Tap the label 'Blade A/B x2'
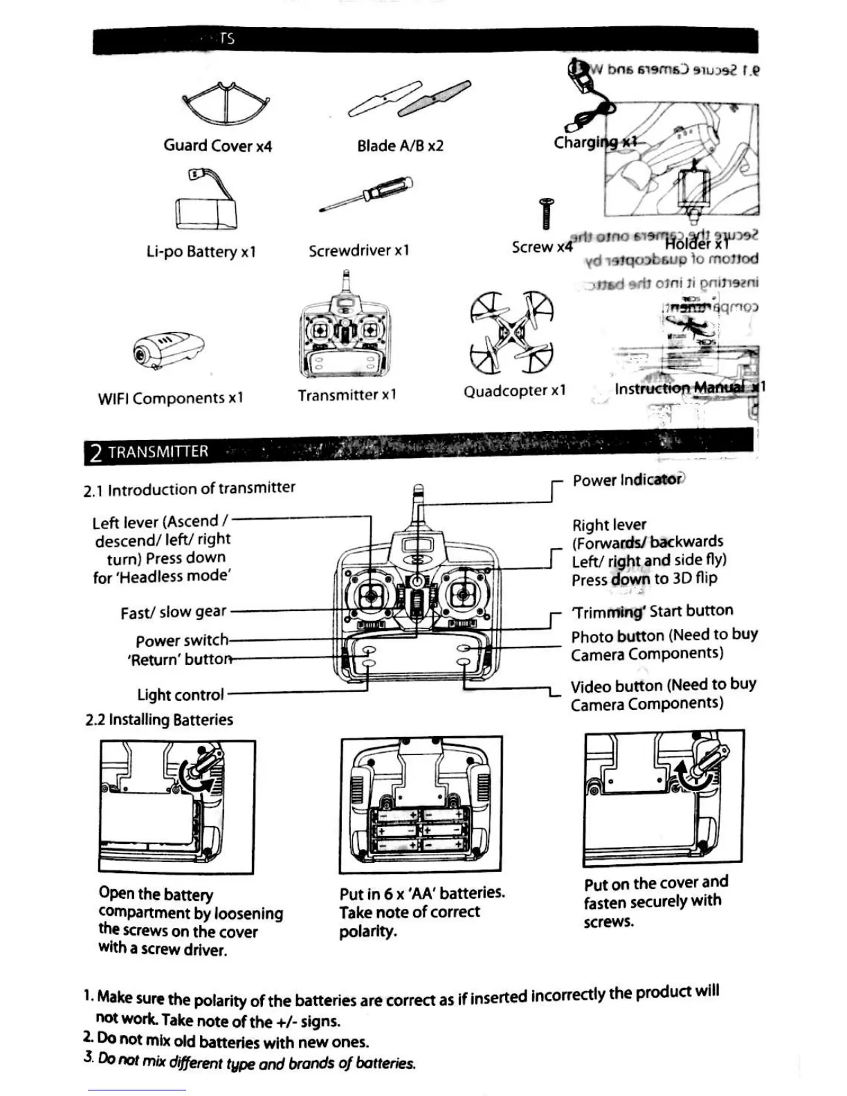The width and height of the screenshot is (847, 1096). point(400,146)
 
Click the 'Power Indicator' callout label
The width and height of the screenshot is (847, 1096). point(628,479)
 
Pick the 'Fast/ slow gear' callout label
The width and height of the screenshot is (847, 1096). point(173,612)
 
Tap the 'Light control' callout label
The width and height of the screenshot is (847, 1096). point(181,695)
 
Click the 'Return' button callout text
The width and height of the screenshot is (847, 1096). point(179,659)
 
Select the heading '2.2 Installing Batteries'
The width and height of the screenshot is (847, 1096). point(159,720)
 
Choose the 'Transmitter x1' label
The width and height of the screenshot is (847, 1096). point(347,395)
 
